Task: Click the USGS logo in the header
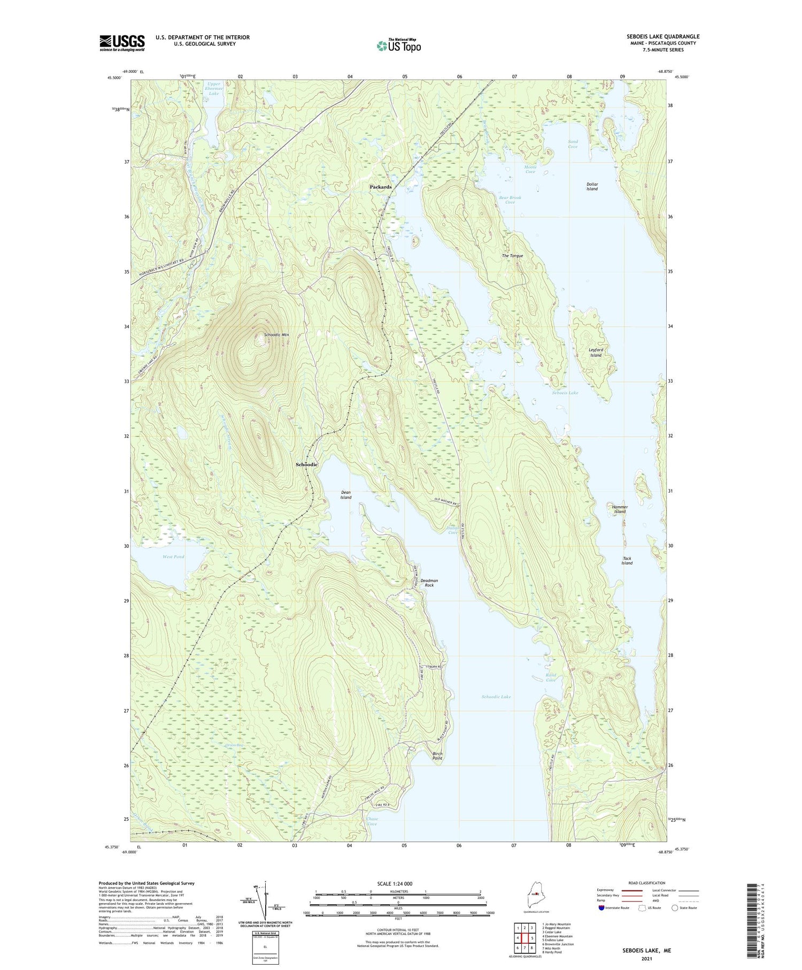pyautogui.click(x=122, y=43)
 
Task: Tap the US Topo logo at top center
pyautogui.click(x=399, y=45)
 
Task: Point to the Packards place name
pyautogui.click(x=381, y=187)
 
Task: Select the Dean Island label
pyautogui.click(x=346, y=494)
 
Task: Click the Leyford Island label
pyautogui.click(x=595, y=352)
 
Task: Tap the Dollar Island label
pyautogui.click(x=591, y=186)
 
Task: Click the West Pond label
pyautogui.click(x=173, y=556)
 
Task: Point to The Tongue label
pyautogui.click(x=512, y=256)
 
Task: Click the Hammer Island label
pyautogui.click(x=620, y=509)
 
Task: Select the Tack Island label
pyautogui.click(x=627, y=560)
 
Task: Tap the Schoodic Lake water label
pyautogui.click(x=496, y=697)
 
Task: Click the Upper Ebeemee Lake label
pyautogui.click(x=214, y=88)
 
